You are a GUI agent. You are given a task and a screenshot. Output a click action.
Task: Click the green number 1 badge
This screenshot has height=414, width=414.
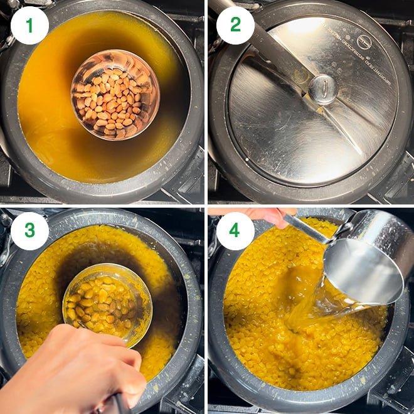pyautogui.click(x=29, y=25)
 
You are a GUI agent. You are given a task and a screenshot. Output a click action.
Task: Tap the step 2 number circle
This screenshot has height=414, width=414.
pyautogui.click(x=236, y=25)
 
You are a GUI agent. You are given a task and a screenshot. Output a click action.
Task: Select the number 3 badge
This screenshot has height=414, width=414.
pyautogui.click(x=29, y=231)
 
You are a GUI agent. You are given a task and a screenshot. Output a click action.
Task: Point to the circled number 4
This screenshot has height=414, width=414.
pyautogui.click(x=236, y=231)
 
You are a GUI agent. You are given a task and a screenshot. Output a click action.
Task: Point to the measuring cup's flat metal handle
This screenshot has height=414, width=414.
pyautogui.click(x=307, y=229)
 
